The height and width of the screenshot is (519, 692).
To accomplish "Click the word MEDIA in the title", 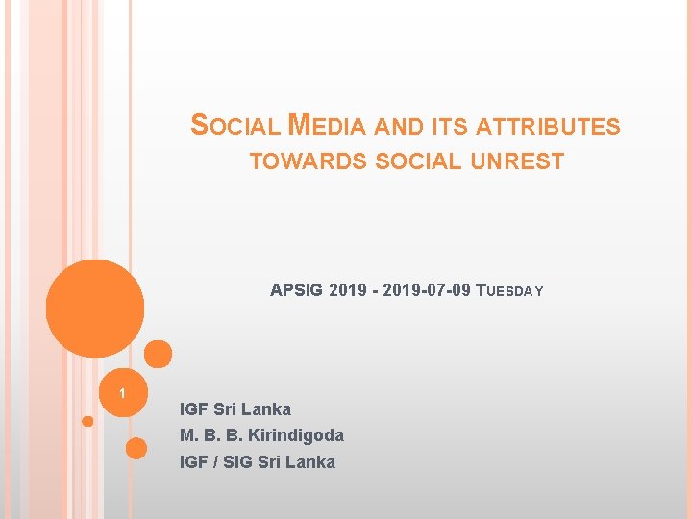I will (327, 126).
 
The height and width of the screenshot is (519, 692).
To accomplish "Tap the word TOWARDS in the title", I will (308, 161).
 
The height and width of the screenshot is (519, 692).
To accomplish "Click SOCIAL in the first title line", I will (236, 126).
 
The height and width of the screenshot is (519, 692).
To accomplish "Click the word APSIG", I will (297, 290).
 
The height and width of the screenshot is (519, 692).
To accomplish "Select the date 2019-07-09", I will (427, 290).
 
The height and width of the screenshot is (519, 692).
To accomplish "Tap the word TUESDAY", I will (509, 290).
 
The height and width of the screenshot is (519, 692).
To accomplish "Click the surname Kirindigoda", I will (297, 435).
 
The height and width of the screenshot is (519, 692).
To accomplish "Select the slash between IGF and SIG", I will (216, 462).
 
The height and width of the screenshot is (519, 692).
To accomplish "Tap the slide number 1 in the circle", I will (122, 394).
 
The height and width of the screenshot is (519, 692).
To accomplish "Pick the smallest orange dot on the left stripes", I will (87, 421).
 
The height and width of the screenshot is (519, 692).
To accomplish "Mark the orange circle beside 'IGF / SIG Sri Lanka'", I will (136, 448).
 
